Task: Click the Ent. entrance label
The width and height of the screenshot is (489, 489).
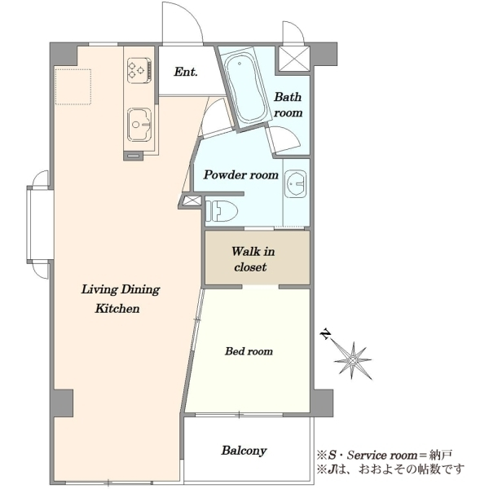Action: [x=186, y=72]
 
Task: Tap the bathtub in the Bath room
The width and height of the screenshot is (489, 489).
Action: [x=245, y=89]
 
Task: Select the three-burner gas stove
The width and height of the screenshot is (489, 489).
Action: [x=139, y=70]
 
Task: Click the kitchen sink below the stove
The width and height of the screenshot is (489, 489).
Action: [x=139, y=125]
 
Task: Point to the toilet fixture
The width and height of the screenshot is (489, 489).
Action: [x=222, y=211]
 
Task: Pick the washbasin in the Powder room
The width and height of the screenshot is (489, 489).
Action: [x=295, y=183]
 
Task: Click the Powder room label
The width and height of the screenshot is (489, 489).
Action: [x=240, y=174]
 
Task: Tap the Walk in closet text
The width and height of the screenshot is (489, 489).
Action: [x=253, y=259]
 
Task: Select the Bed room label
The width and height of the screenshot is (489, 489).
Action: [x=249, y=351]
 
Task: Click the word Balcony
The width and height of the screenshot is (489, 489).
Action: [x=244, y=451]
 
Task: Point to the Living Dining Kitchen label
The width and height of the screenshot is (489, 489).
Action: [x=121, y=299]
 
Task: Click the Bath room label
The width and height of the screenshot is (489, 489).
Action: [x=288, y=105]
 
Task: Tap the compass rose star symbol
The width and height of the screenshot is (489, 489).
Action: [x=353, y=360]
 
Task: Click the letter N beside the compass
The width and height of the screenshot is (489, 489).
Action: [x=325, y=333]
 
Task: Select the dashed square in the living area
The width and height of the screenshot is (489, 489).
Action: [x=73, y=86]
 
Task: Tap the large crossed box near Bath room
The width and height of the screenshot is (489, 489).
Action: [x=294, y=59]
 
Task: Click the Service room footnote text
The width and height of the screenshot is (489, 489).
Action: [x=385, y=456]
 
